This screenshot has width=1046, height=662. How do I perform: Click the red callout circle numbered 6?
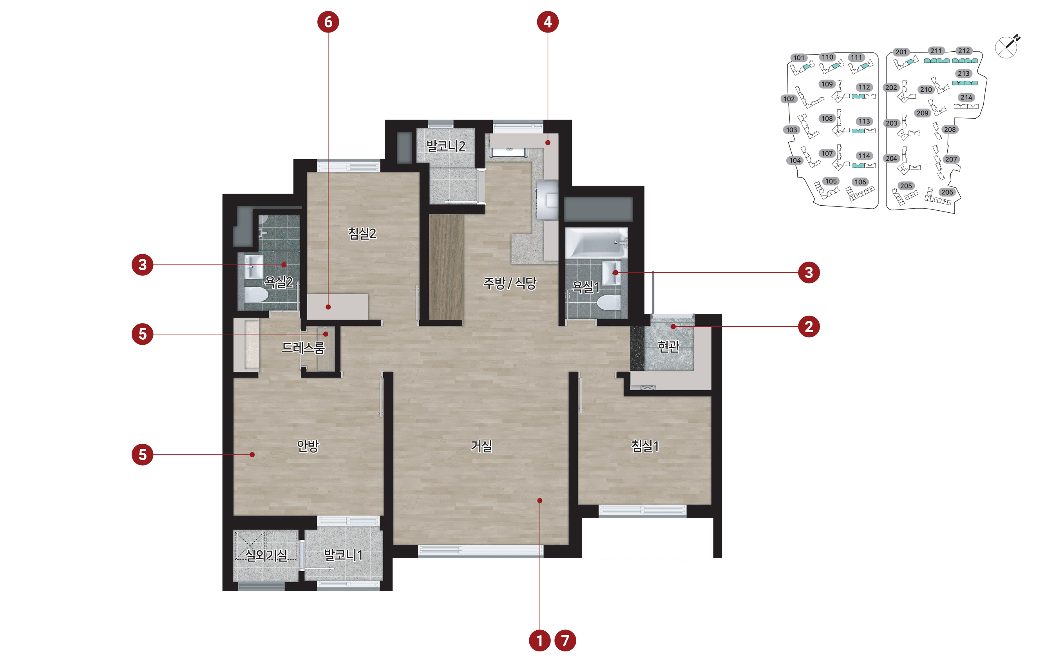[x=328, y=22]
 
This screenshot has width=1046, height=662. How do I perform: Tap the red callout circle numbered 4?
[x=548, y=22]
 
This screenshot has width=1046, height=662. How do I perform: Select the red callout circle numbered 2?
[x=809, y=326]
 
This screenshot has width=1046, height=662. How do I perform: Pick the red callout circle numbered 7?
[x=565, y=640]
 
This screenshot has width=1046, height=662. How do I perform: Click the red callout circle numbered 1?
[x=539, y=640]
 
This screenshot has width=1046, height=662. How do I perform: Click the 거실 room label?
[x=481, y=446]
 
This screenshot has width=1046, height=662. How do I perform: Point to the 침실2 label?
[x=362, y=234]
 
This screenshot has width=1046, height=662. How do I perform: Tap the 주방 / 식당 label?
[x=510, y=284]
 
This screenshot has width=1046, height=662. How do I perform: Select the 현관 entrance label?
[x=668, y=346]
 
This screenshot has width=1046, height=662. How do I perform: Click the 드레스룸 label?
[x=303, y=348]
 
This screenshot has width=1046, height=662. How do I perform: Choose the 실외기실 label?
[x=266, y=555]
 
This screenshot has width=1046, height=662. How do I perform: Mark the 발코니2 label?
[x=446, y=146]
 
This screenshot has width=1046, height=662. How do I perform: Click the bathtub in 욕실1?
[x=596, y=243]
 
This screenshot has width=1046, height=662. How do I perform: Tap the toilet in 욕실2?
[x=256, y=294]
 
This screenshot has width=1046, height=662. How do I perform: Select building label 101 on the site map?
[x=798, y=58]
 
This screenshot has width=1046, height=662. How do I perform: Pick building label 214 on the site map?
[x=966, y=97]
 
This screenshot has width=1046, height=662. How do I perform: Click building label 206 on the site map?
[x=947, y=192]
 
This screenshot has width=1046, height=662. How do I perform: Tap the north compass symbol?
[x=1007, y=47]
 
